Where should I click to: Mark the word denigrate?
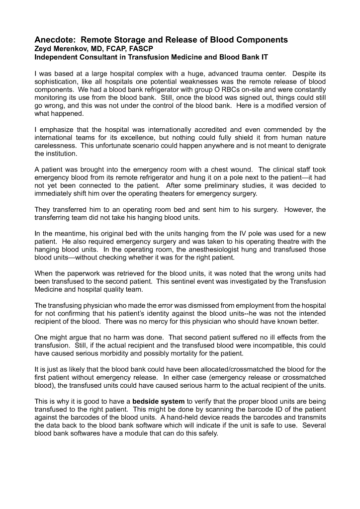pos(308,147)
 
